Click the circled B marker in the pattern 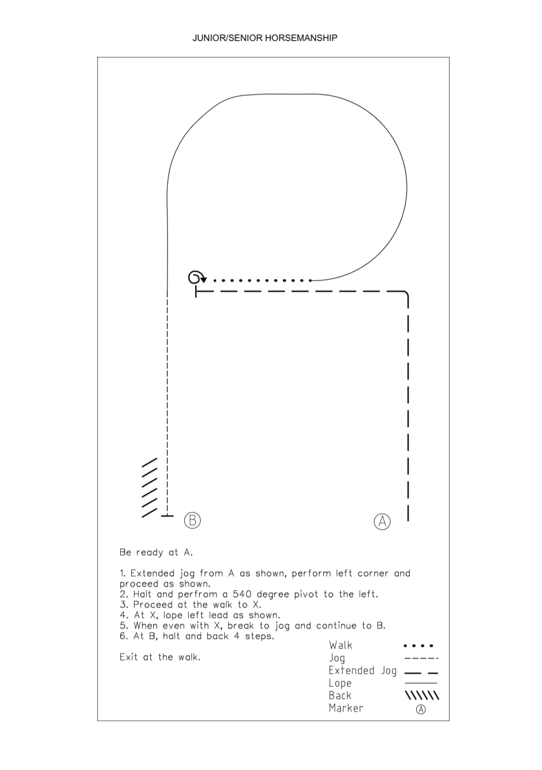(x=192, y=520)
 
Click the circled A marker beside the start (x=382, y=522)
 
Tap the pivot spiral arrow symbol (x=197, y=277)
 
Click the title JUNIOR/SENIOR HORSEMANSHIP (x=265, y=38)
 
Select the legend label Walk (x=340, y=645)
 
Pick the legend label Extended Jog (x=363, y=670)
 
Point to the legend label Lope (x=340, y=683)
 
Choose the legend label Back (x=340, y=696)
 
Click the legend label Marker (x=346, y=708)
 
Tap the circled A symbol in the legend (x=421, y=709)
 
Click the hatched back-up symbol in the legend (x=422, y=696)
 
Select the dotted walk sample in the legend (x=418, y=646)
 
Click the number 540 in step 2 (x=242, y=594)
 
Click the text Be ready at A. (x=156, y=552)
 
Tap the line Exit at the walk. (x=160, y=657)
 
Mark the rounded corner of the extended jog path (x=406, y=294)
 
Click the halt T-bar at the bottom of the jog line (x=167, y=516)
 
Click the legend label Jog (x=337, y=658)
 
